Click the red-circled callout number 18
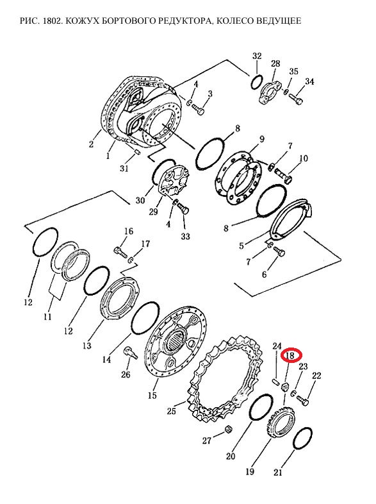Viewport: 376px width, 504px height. (x=290, y=355)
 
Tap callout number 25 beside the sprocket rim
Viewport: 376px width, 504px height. (x=172, y=411)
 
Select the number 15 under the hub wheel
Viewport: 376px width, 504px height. (x=152, y=395)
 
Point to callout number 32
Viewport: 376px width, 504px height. (x=257, y=56)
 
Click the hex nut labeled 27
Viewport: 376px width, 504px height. (x=227, y=429)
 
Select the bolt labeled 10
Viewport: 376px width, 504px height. (x=283, y=176)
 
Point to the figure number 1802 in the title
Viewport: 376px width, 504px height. (x=51, y=21)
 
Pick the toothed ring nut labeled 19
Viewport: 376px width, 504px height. (x=281, y=421)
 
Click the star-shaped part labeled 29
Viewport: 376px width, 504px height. (x=174, y=181)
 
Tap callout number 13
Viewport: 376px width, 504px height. (x=86, y=346)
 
